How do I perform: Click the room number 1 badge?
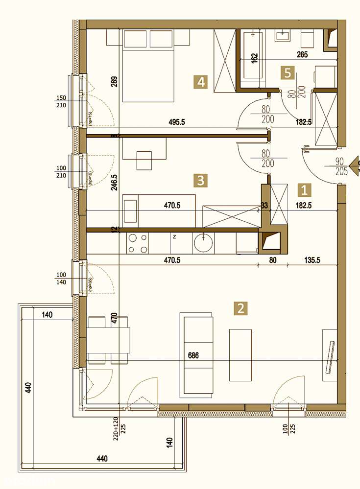[305, 189]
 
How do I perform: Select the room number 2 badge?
[240, 308]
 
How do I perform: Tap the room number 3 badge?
[199, 180]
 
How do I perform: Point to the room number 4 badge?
[199, 82]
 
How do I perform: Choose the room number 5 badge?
[288, 73]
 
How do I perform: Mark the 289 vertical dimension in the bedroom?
[115, 81]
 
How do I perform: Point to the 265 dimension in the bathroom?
[302, 55]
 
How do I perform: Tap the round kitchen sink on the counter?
[201, 242]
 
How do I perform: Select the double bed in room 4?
[149, 66]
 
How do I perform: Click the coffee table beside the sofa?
[240, 355]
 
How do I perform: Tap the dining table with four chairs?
[109, 340]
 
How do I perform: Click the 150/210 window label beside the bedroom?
[62, 100]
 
